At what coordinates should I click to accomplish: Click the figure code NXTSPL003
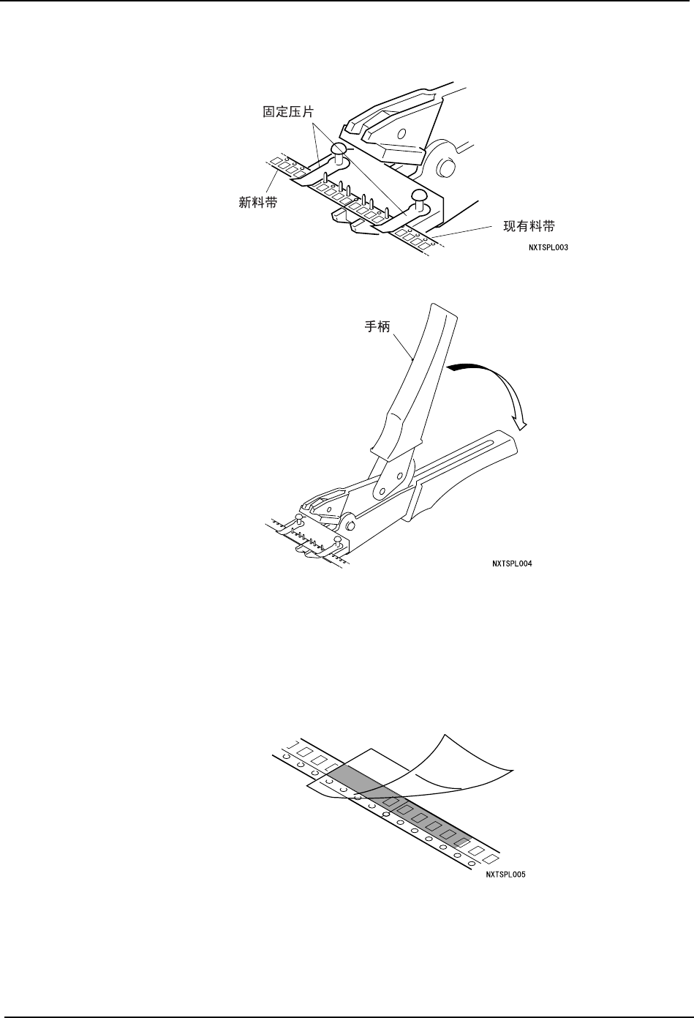point(548,247)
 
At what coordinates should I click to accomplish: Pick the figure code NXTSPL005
point(506,874)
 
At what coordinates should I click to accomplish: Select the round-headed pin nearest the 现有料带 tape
point(419,195)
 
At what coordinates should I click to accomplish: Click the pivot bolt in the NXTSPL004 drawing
point(352,525)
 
